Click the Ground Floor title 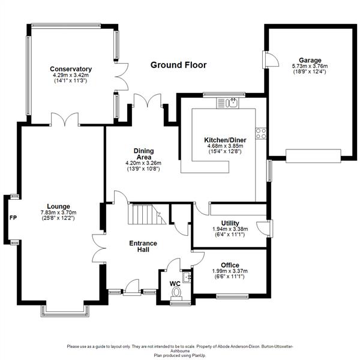(x=178, y=65)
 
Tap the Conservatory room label (x=71, y=70)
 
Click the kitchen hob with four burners (x=261, y=133)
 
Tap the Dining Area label (x=143, y=154)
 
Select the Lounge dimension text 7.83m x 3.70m (x=59, y=212)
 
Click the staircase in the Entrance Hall (x=146, y=214)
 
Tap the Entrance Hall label (x=143, y=246)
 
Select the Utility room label (x=230, y=223)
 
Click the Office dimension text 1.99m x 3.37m (x=230, y=271)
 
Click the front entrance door (x=130, y=290)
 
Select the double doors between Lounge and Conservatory (x=64, y=120)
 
